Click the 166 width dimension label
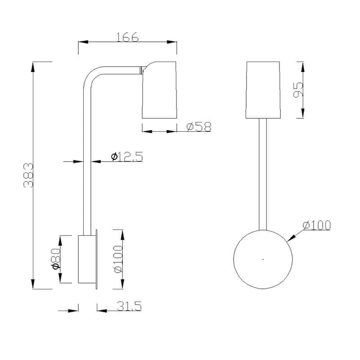[x=127, y=37]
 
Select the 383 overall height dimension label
[x=28, y=175]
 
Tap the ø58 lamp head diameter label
[x=199, y=126]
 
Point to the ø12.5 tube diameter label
[x=127, y=157]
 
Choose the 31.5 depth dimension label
[x=129, y=306]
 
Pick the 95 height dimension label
[x=298, y=90]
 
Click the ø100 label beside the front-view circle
[x=317, y=225]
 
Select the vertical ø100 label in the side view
[x=118, y=259]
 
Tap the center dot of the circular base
[x=263, y=260]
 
